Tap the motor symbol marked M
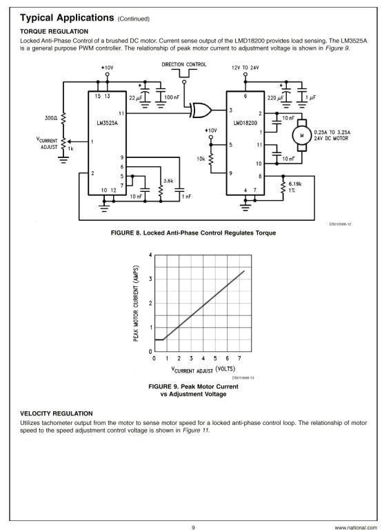[301, 135]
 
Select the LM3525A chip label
[107, 123]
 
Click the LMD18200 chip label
[245, 123]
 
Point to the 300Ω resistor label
[51, 118]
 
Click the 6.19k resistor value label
[295, 184]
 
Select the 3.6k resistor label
[168, 181]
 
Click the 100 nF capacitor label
[172, 97]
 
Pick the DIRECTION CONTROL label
[183, 64]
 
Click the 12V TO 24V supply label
[245, 68]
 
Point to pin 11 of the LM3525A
[121, 113]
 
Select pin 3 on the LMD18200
[231, 110]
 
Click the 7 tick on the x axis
[239, 358]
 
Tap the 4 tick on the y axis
[150, 255]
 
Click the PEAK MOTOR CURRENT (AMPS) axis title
[136, 304]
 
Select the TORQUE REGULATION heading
[54, 32]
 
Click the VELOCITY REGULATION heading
[57, 413]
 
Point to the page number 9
[193, 528]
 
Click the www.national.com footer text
[356, 528]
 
